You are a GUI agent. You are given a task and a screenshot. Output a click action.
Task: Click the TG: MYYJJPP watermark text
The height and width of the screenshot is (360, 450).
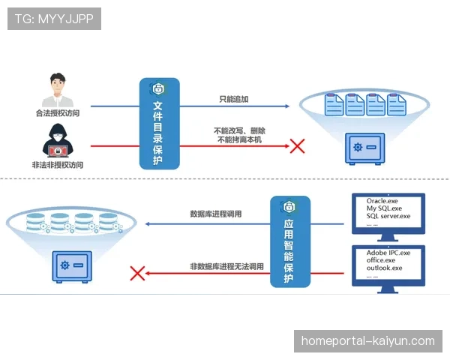tap(54, 19)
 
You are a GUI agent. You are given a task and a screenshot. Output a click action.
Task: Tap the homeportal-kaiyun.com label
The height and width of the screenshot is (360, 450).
tap(367, 341)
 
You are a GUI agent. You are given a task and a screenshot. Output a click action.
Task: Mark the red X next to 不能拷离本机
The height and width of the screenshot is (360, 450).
tap(297, 145)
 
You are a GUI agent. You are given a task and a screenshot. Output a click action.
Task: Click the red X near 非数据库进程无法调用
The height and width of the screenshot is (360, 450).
tap(137, 273)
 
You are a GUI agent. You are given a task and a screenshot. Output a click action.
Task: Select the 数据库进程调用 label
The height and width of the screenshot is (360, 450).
tap(216, 214)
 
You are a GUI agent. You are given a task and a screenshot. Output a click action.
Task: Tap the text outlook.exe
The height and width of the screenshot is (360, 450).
tap(385, 268)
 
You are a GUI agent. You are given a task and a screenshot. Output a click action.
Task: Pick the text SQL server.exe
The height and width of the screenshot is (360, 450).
tap(388, 216)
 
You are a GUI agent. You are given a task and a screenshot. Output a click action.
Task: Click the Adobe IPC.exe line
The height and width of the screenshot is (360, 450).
tap(388, 253)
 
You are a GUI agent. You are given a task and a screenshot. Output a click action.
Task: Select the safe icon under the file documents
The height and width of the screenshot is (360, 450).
tap(364, 148)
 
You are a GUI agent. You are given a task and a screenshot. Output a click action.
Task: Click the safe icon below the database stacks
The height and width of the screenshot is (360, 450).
tap(71, 266)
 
